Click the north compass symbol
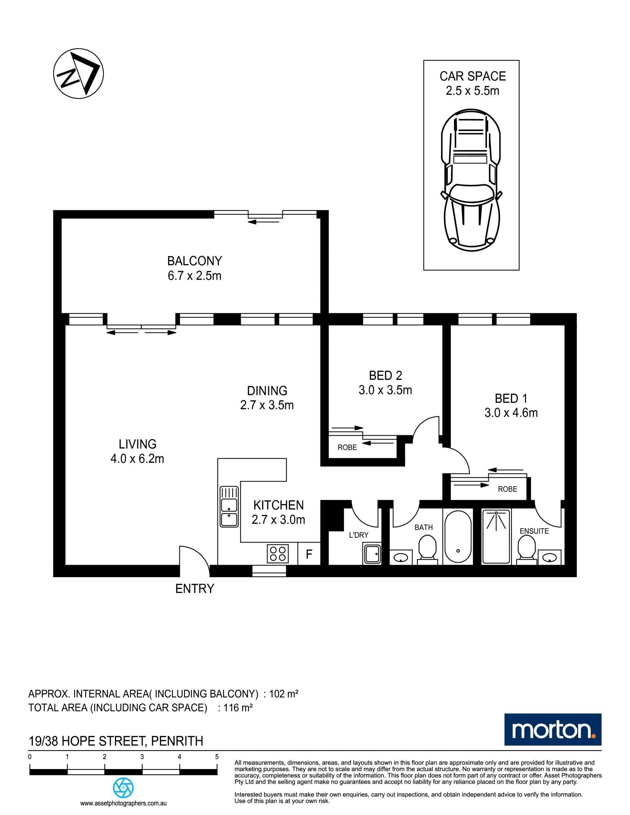click(x=78, y=73)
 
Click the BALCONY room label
click(x=195, y=260)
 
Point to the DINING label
click(x=267, y=390)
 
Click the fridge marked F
click(x=309, y=554)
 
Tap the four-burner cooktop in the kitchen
click(x=278, y=554)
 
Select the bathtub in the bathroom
click(x=458, y=537)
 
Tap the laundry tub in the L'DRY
click(x=372, y=554)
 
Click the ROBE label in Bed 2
click(x=347, y=448)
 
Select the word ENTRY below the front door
click(x=195, y=589)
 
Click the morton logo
click(x=553, y=730)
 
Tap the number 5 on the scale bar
click(x=217, y=757)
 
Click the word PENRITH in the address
click(x=177, y=741)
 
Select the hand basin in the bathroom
click(x=401, y=557)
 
